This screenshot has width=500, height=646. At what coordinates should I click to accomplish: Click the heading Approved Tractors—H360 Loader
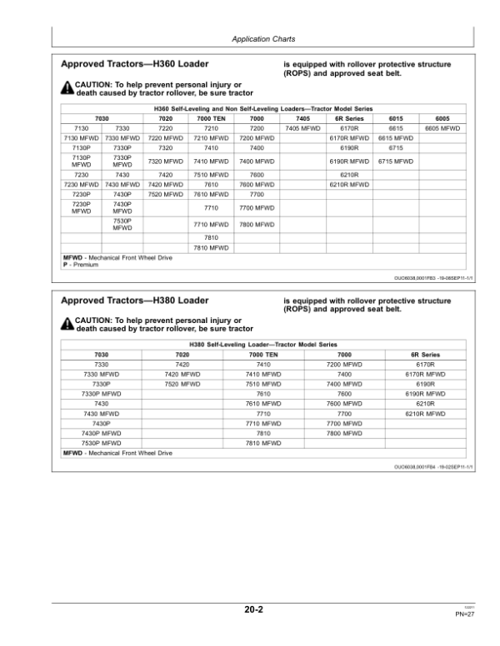click(136, 63)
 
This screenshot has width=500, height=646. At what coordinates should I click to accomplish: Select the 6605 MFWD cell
click(442, 128)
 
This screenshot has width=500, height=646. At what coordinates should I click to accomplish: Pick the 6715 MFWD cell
click(395, 160)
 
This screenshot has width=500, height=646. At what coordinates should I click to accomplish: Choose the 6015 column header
click(395, 119)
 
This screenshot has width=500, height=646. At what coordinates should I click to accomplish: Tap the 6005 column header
click(442, 119)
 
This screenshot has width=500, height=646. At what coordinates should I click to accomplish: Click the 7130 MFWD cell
click(82, 137)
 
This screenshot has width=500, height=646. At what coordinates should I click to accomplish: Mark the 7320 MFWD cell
click(165, 160)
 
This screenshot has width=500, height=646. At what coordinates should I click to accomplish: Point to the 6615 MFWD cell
click(395, 137)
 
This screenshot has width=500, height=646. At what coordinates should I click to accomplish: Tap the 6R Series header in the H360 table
click(349, 119)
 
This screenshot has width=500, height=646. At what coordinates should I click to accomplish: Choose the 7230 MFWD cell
click(82, 184)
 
